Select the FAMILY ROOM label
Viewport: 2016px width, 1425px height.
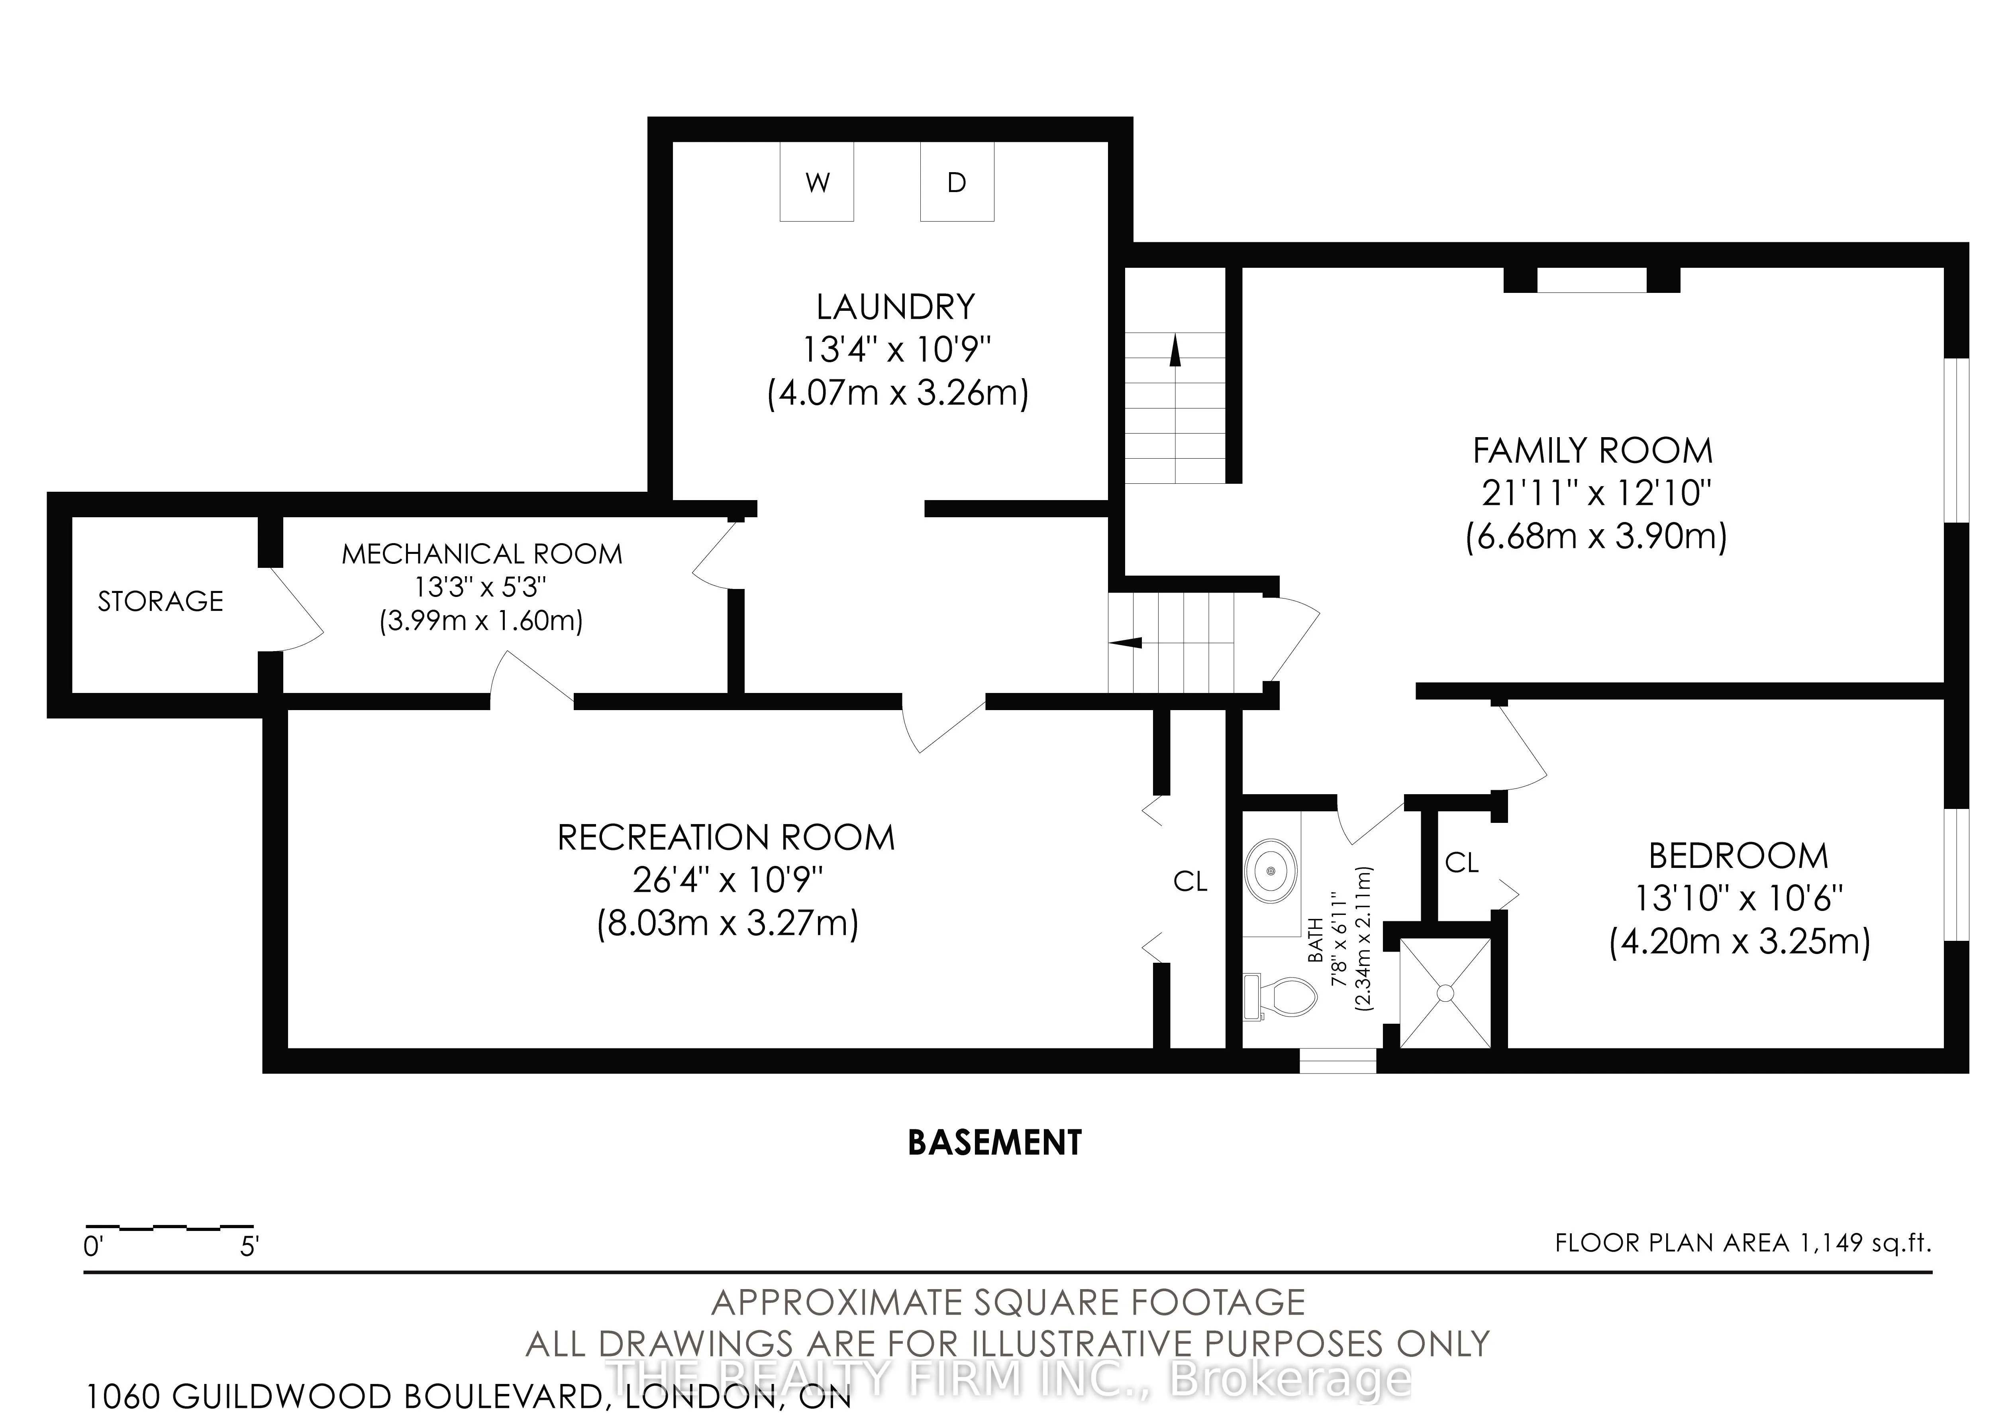pyautogui.click(x=1593, y=451)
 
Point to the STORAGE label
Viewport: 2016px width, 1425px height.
pyautogui.click(x=161, y=601)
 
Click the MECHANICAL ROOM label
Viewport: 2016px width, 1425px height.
pyautogui.click(x=482, y=554)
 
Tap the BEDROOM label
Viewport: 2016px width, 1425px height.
pyautogui.click(x=1739, y=856)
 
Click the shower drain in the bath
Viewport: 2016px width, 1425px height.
pyautogui.click(x=1444, y=992)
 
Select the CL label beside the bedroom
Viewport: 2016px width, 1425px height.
pyautogui.click(x=1462, y=863)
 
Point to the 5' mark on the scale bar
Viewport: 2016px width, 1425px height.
pyautogui.click(x=249, y=1246)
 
